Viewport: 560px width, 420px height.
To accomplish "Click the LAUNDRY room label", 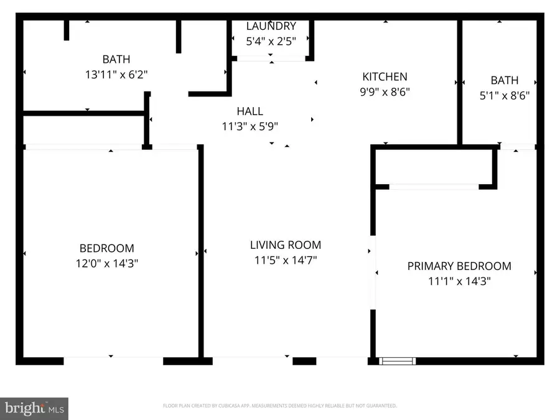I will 271,26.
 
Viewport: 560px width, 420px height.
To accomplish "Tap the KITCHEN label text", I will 385,77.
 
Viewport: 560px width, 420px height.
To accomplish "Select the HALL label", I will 250,111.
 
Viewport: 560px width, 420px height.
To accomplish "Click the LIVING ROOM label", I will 285,245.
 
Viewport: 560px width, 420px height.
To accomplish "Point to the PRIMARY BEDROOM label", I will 459,266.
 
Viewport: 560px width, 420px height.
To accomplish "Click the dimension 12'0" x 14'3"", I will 106,263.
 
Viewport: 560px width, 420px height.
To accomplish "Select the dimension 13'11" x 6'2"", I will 116,74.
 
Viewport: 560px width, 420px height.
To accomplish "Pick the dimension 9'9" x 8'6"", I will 385,91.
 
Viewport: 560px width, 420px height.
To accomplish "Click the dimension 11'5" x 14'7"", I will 285,260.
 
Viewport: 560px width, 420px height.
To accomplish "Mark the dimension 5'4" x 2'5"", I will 271,40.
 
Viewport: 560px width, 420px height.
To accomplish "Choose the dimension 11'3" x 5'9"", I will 250,126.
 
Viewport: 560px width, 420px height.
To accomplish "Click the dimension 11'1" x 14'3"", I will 459,281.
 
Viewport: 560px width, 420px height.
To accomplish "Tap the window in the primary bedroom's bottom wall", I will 397,360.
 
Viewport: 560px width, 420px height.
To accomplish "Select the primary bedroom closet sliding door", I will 434,186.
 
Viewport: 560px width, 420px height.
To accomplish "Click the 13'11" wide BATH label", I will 116,60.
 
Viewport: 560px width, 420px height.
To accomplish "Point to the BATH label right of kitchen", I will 504,80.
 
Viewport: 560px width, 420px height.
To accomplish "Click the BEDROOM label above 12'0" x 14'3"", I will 106,248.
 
